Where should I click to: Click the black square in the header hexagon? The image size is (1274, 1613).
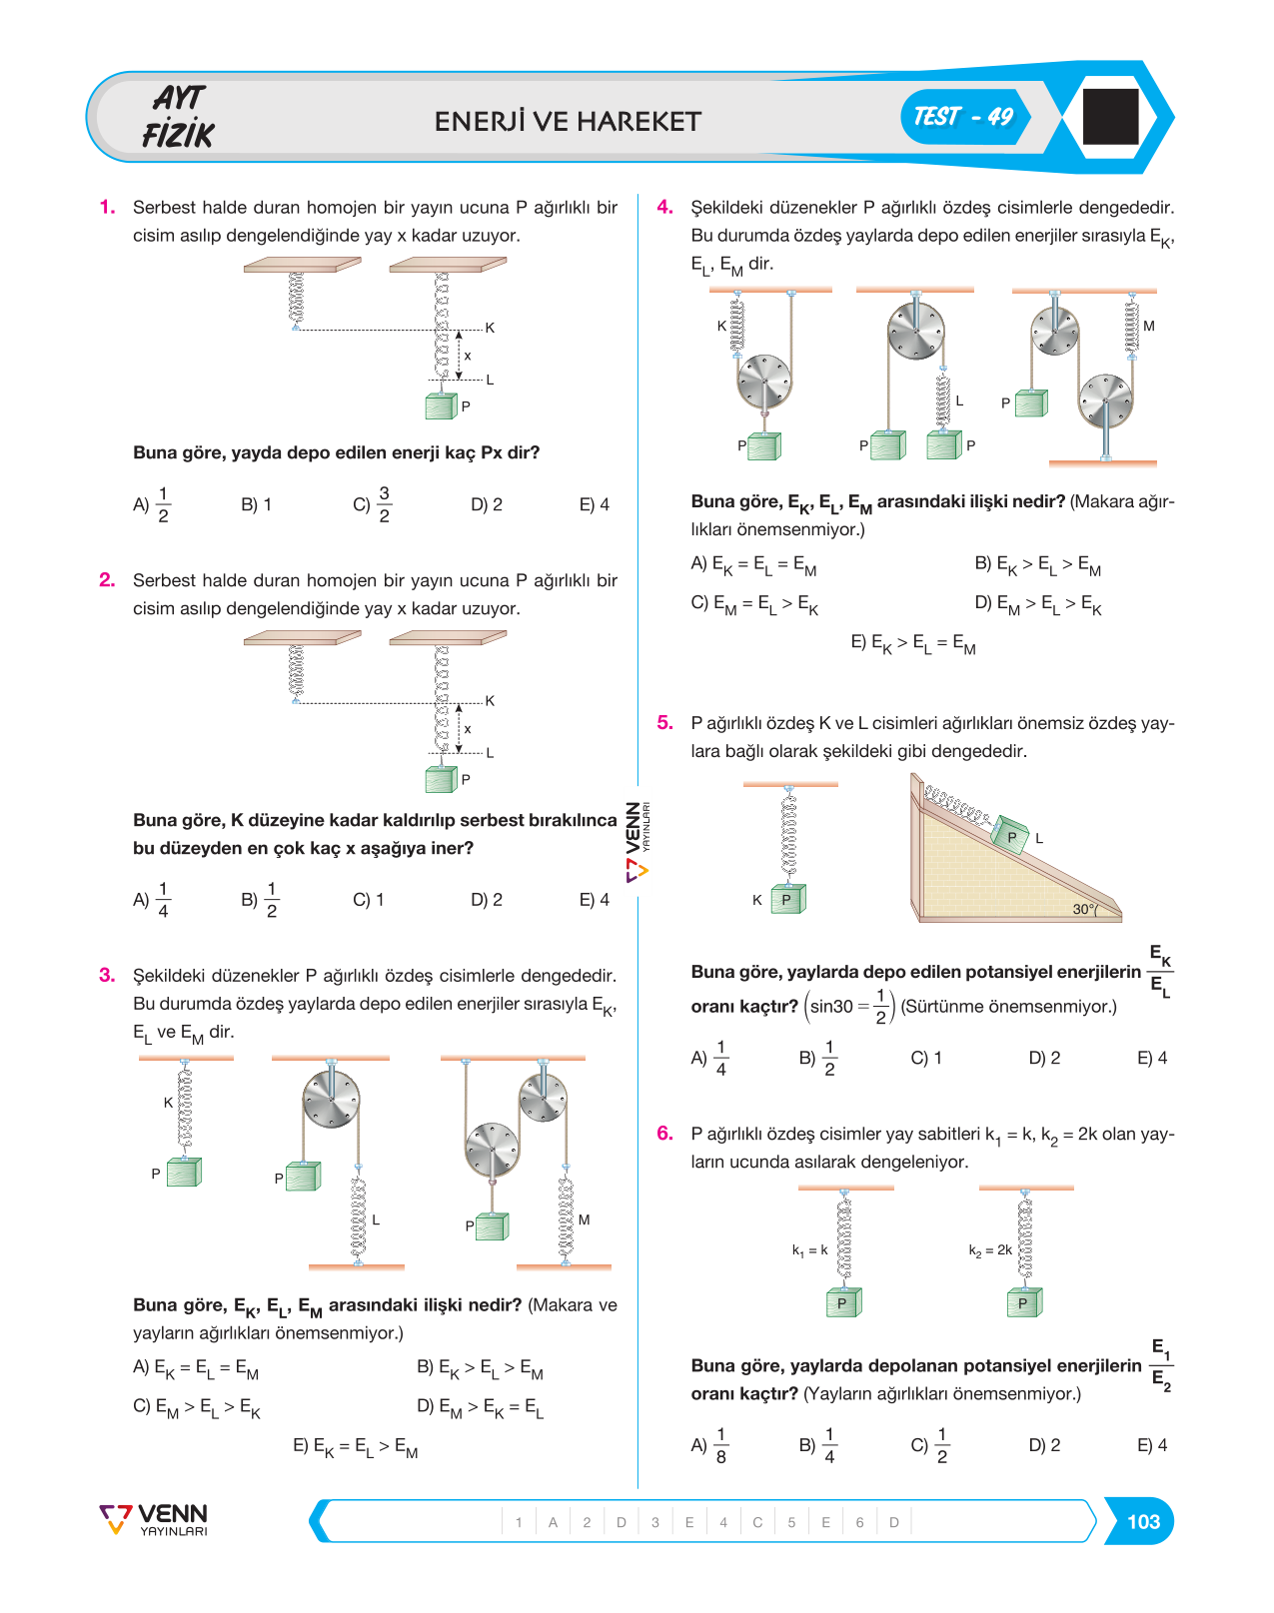pyautogui.click(x=1110, y=116)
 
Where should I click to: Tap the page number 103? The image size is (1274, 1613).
pyautogui.click(x=1143, y=1521)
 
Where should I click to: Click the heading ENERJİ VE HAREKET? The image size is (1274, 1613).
pyautogui.click(x=568, y=121)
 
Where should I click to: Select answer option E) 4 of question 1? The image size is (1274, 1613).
pyautogui.click(x=594, y=504)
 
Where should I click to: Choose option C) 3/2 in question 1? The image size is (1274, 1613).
pyautogui.click(x=372, y=504)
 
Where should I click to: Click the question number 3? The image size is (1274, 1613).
pyautogui.click(x=107, y=975)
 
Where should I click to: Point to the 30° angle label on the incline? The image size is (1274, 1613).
pyautogui.click(x=1084, y=909)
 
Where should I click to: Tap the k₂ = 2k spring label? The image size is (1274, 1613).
pyautogui.click(x=990, y=1250)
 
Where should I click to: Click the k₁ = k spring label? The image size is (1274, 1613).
pyautogui.click(x=809, y=1250)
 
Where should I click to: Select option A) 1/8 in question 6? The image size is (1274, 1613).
pyautogui.click(x=709, y=1445)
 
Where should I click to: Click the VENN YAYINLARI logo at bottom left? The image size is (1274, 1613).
pyautogui.click(x=154, y=1519)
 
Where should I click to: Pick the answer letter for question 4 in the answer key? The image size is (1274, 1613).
pyautogui.click(x=757, y=1522)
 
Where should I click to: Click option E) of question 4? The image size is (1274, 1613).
pyautogui.click(x=912, y=643)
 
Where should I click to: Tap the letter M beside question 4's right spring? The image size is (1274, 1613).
pyautogui.click(x=1148, y=326)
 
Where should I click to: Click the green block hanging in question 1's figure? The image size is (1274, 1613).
pyautogui.click(x=441, y=405)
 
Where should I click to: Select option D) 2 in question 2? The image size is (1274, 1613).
pyautogui.click(x=486, y=900)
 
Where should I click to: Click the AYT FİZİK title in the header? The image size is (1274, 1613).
pyautogui.click(x=179, y=117)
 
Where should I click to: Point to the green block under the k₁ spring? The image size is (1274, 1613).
pyautogui.click(x=843, y=1302)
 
